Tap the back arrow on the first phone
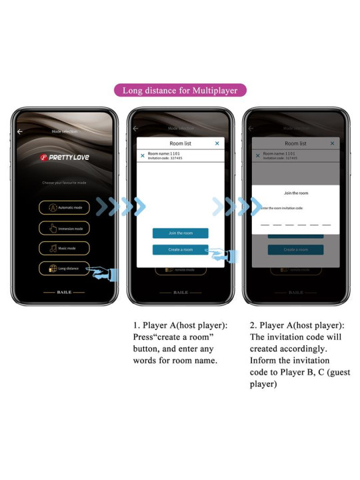[20, 131]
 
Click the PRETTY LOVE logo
[64, 157]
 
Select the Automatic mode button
[64, 207]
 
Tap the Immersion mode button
[64, 228]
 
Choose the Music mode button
[64, 249]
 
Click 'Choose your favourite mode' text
[64, 182]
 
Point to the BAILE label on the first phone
[64, 292]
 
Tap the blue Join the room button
[180, 233]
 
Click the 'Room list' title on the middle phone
[180, 143]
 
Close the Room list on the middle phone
[217, 143]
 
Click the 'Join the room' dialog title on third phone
[296, 193]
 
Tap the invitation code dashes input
[296, 224]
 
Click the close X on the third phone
[332, 143]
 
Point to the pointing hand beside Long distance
[104, 271]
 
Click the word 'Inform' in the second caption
[264, 360]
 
